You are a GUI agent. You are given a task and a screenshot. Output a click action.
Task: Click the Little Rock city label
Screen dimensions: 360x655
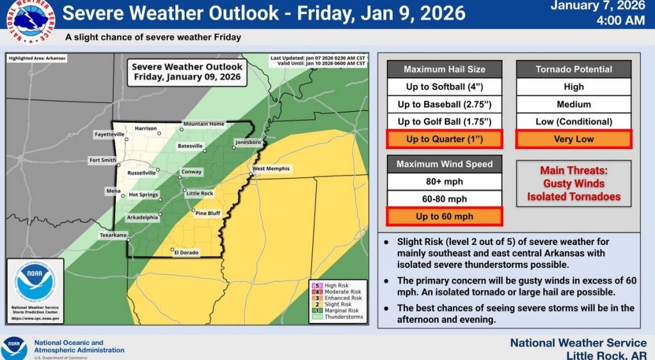(x=199, y=193)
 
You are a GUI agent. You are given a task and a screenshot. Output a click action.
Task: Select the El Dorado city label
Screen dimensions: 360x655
(x=186, y=253)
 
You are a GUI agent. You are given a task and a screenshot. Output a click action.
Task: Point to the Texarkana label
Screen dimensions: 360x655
(x=113, y=235)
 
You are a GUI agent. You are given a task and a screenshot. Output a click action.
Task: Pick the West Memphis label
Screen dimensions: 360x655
(x=271, y=169)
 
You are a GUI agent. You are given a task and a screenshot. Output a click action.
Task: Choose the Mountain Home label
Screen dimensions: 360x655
(x=204, y=123)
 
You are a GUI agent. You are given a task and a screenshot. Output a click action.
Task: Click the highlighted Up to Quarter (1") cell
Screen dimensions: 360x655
(x=445, y=139)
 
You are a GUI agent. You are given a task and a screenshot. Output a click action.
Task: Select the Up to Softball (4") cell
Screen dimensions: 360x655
(x=445, y=87)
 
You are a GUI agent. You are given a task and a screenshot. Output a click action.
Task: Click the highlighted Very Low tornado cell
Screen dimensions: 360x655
(x=574, y=139)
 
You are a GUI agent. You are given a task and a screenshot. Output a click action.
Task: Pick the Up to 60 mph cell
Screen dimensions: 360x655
(x=445, y=216)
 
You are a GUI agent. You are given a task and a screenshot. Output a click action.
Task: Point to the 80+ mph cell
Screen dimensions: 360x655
(x=445, y=182)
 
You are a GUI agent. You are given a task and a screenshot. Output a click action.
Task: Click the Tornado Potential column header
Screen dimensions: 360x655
(x=574, y=69)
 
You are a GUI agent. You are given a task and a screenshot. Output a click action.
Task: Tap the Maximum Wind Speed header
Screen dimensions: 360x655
(x=445, y=164)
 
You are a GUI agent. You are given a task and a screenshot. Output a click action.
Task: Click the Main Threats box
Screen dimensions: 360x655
(x=574, y=184)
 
